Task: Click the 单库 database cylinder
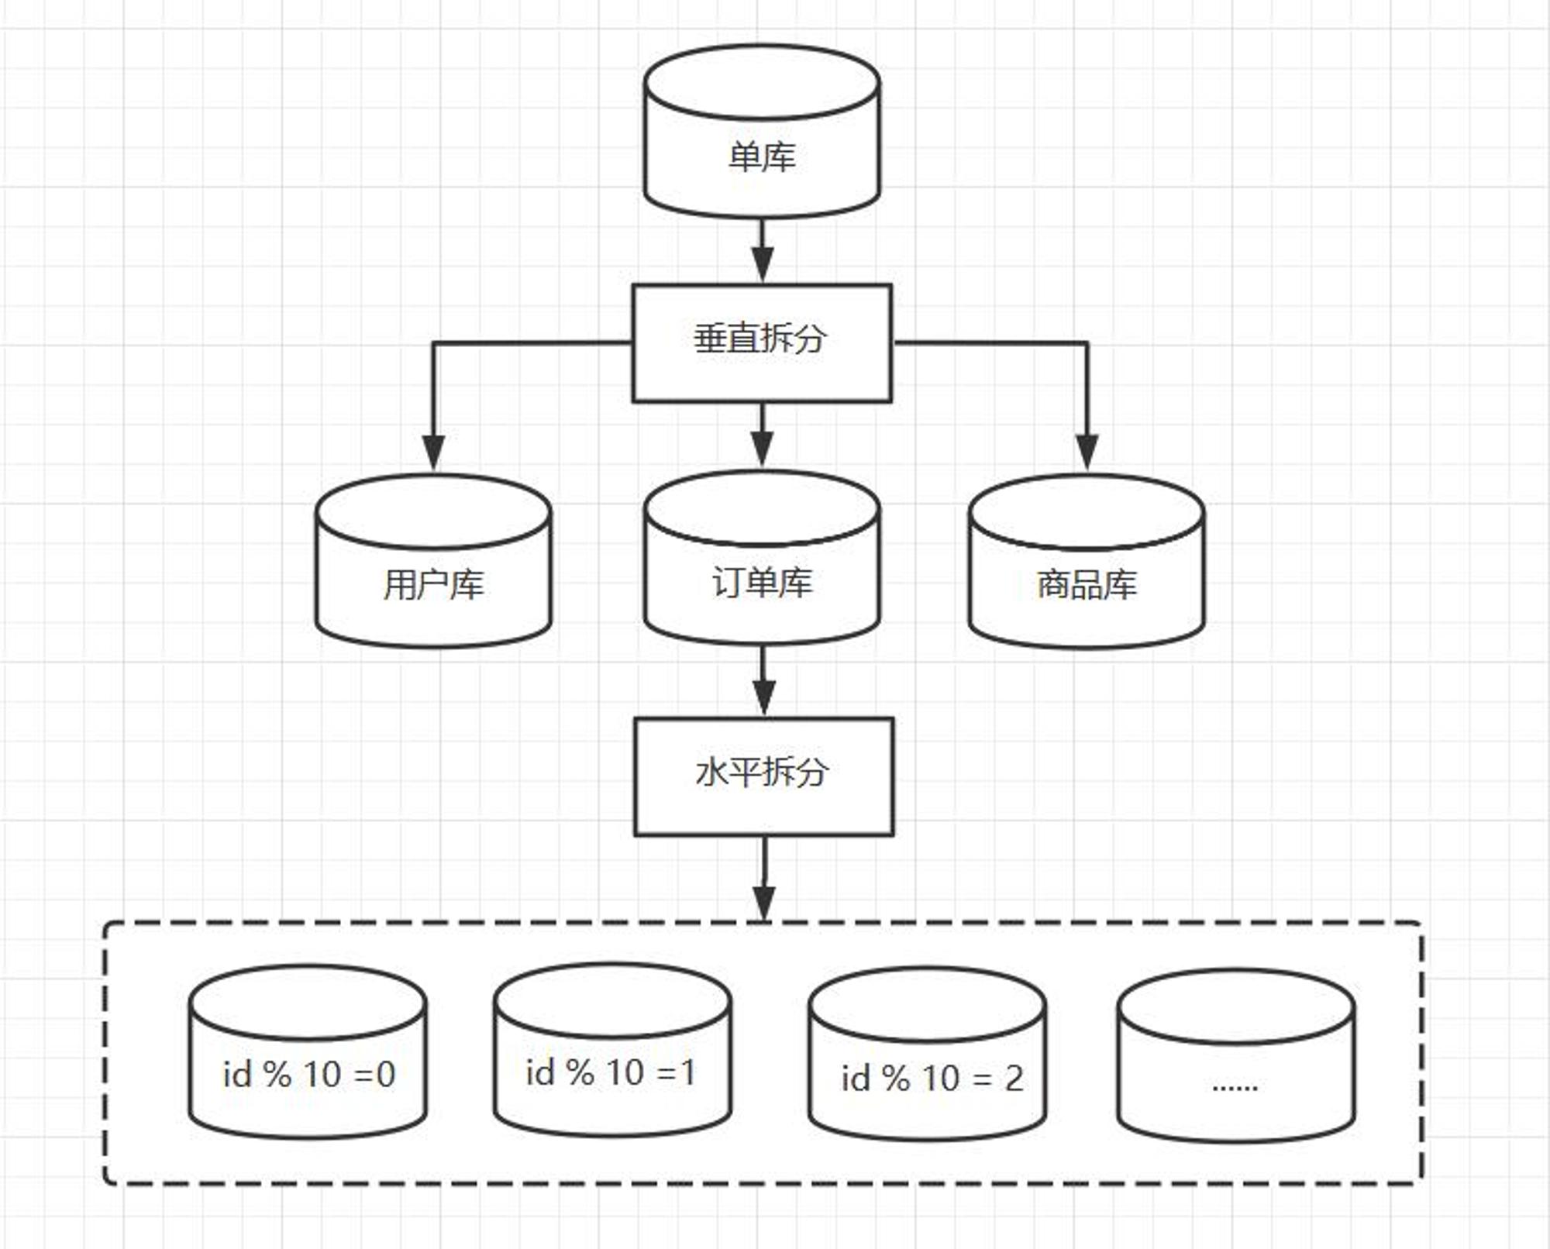pos(762,131)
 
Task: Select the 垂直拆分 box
pos(762,343)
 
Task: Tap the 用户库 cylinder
pos(433,561)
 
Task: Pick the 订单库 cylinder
pos(762,558)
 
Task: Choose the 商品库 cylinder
pos(1087,561)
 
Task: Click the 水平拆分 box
pos(764,776)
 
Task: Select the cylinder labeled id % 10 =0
pos(308,1051)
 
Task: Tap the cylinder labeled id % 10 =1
pos(612,1050)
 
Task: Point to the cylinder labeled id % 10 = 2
pos(927,1054)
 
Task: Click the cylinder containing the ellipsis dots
pos(1236,1055)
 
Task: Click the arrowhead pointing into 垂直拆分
pos(763,266)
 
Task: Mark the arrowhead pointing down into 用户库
pos(433,452)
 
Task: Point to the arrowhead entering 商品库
pos(1087,452)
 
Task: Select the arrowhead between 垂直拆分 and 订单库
pos(763,450)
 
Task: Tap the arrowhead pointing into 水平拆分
pos(764,698)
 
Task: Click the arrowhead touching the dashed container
pos(764,903)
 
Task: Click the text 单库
pos(762,157)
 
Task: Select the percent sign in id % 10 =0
pos(277,1075)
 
